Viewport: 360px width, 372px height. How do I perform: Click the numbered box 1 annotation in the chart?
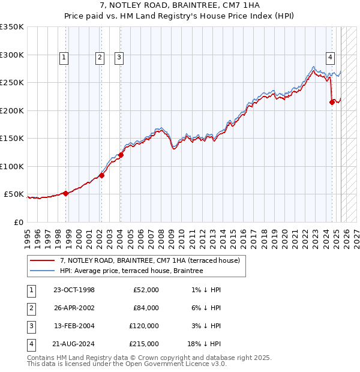pyautogui.click(x=64, y=58)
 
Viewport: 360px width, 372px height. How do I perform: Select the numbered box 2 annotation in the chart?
pyautogui.click(x=99, y=58)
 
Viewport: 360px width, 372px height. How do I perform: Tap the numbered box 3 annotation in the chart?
pyautogui.click(x=119, y=58)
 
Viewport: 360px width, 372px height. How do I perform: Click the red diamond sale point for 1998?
pyautogui.click(x=65, y=193)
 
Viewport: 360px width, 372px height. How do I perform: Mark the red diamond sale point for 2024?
pyautogui.click(x=332, y=103)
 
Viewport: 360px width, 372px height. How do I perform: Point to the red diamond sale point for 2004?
pyautogui.click(x=121, y=155)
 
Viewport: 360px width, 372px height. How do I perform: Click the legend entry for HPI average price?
pyautogui.click(x=131, y=271)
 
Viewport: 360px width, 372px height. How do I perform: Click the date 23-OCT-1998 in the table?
pyautogui.click(x=74, y=290)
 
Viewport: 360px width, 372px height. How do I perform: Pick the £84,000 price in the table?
pyautogui.click(x=146, y=308)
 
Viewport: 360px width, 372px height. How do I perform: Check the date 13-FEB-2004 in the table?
pyautogui.click(x=74, y=326)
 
